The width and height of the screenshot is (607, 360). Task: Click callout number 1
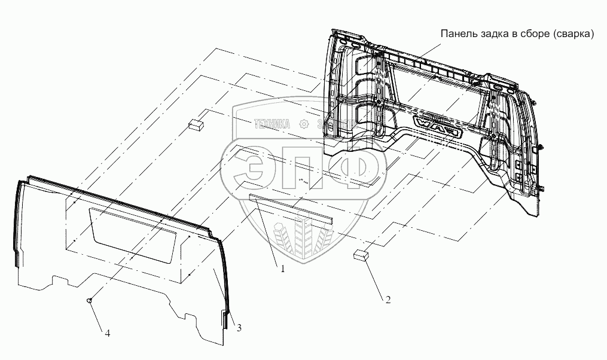283,269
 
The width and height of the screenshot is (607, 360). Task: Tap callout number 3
239,327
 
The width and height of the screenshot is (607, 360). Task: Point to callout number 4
107,334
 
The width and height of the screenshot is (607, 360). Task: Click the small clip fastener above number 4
89,300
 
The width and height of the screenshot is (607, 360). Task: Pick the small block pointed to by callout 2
360,255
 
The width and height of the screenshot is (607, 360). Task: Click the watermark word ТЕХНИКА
272,124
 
